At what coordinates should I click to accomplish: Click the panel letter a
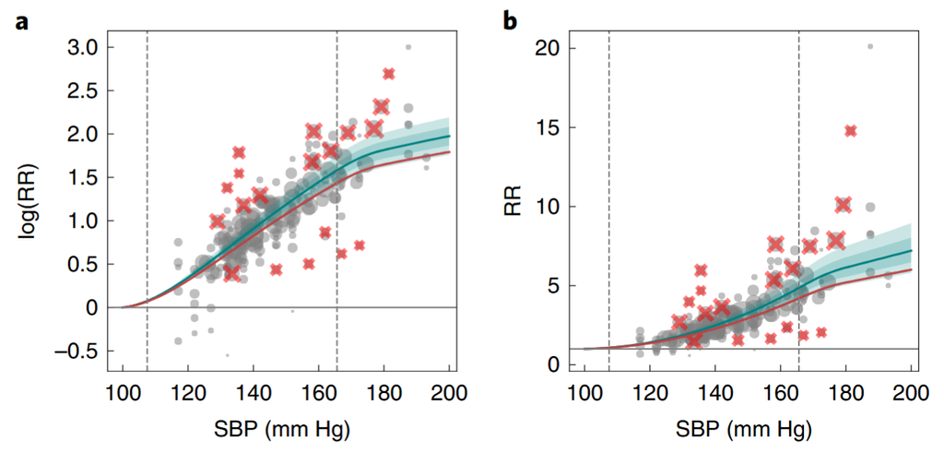pos(20,19)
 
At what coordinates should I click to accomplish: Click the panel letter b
pos(510,19)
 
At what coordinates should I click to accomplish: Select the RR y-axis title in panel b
pos(513,201)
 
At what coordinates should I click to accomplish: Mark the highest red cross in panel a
pos(389,74)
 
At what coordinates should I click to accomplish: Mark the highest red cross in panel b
pos(850,131)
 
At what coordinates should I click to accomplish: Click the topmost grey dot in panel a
pos(408,47)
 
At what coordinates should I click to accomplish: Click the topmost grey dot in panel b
pos(869,47)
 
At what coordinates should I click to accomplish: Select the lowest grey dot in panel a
pos(227,354)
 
